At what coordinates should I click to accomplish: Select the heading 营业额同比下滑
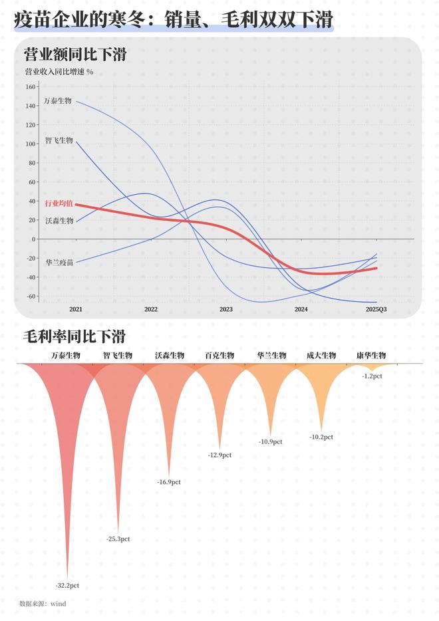tap(74, 55)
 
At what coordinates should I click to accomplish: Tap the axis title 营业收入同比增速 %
tap(59, 72)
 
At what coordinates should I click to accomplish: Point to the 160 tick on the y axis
tap(30, 86)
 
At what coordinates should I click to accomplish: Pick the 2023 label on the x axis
tap(226, 309)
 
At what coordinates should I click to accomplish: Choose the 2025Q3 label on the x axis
tap(376, 309)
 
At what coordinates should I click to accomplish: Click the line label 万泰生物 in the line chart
tap(58, 101)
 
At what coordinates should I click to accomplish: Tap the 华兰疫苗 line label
tap(59, 263)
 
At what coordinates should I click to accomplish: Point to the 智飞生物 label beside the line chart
tap(59, 140)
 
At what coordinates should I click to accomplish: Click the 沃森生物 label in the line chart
tap(59, 220)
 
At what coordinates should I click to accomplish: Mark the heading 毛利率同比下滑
tap(74, 336)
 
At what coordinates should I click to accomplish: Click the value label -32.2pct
tap(67, 585)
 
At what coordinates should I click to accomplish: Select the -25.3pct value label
tap(118, 539)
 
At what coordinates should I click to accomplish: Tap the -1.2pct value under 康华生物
tap(372, 376)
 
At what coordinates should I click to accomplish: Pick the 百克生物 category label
tap(219, 356)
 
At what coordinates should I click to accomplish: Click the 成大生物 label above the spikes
tap(321, 356)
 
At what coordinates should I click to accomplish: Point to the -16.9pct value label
tap(169, 481)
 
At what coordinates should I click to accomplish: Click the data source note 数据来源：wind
tap(43, 604)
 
